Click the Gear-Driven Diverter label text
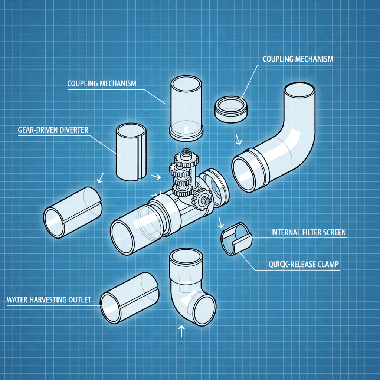point(53,131)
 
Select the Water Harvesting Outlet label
point(49,300)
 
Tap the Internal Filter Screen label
point(308,233)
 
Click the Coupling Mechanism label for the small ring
point(298,59)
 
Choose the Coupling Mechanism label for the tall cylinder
point(102,83)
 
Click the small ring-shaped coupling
point(231,108)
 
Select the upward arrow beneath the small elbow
point(181,330)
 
